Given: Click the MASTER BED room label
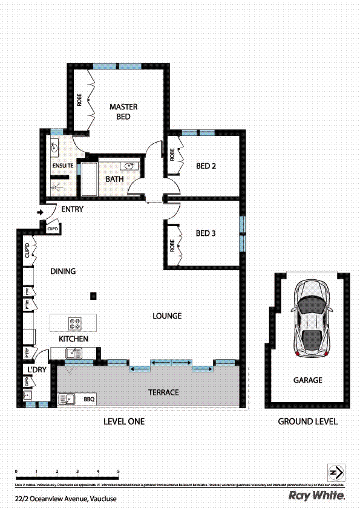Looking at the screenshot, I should pos(123,112).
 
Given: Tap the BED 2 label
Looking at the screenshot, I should pos(206,166).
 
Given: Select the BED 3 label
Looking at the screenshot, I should pos(206,233).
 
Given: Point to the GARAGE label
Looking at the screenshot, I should pos(307,380).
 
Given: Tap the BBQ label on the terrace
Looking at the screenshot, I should pos(90,399).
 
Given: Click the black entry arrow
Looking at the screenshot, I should pos(41,212).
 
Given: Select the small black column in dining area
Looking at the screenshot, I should pos(93,295).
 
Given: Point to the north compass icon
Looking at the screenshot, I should pos(336,472).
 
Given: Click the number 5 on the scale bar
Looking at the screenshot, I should pos(119,470).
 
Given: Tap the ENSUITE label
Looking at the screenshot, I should pos(63,165).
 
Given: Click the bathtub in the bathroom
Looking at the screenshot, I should pos(89,179).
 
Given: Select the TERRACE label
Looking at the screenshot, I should pos(163,392).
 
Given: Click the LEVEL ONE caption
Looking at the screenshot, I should pos(123,421).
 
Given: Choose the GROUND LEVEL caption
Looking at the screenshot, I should pos(307,421).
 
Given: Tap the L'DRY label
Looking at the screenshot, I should pos(32,369).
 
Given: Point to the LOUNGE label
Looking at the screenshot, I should pos(167,316).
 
